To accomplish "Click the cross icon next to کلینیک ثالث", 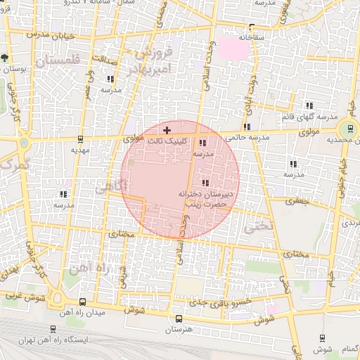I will pyautogui.click(x=167, y=130).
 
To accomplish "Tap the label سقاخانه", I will pyautogui.click(x=252, y=37).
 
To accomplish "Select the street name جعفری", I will pyautogui.click(x=297, y=200).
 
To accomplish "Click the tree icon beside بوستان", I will pyautogui.click(x=4, y=58).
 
